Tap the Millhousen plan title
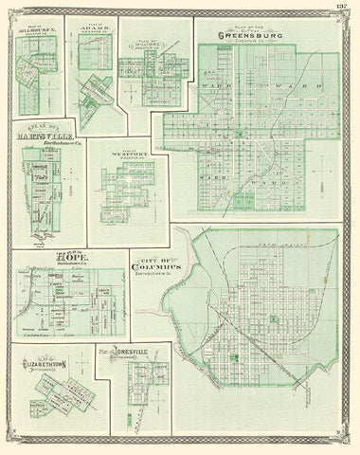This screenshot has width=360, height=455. pos(37,29)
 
